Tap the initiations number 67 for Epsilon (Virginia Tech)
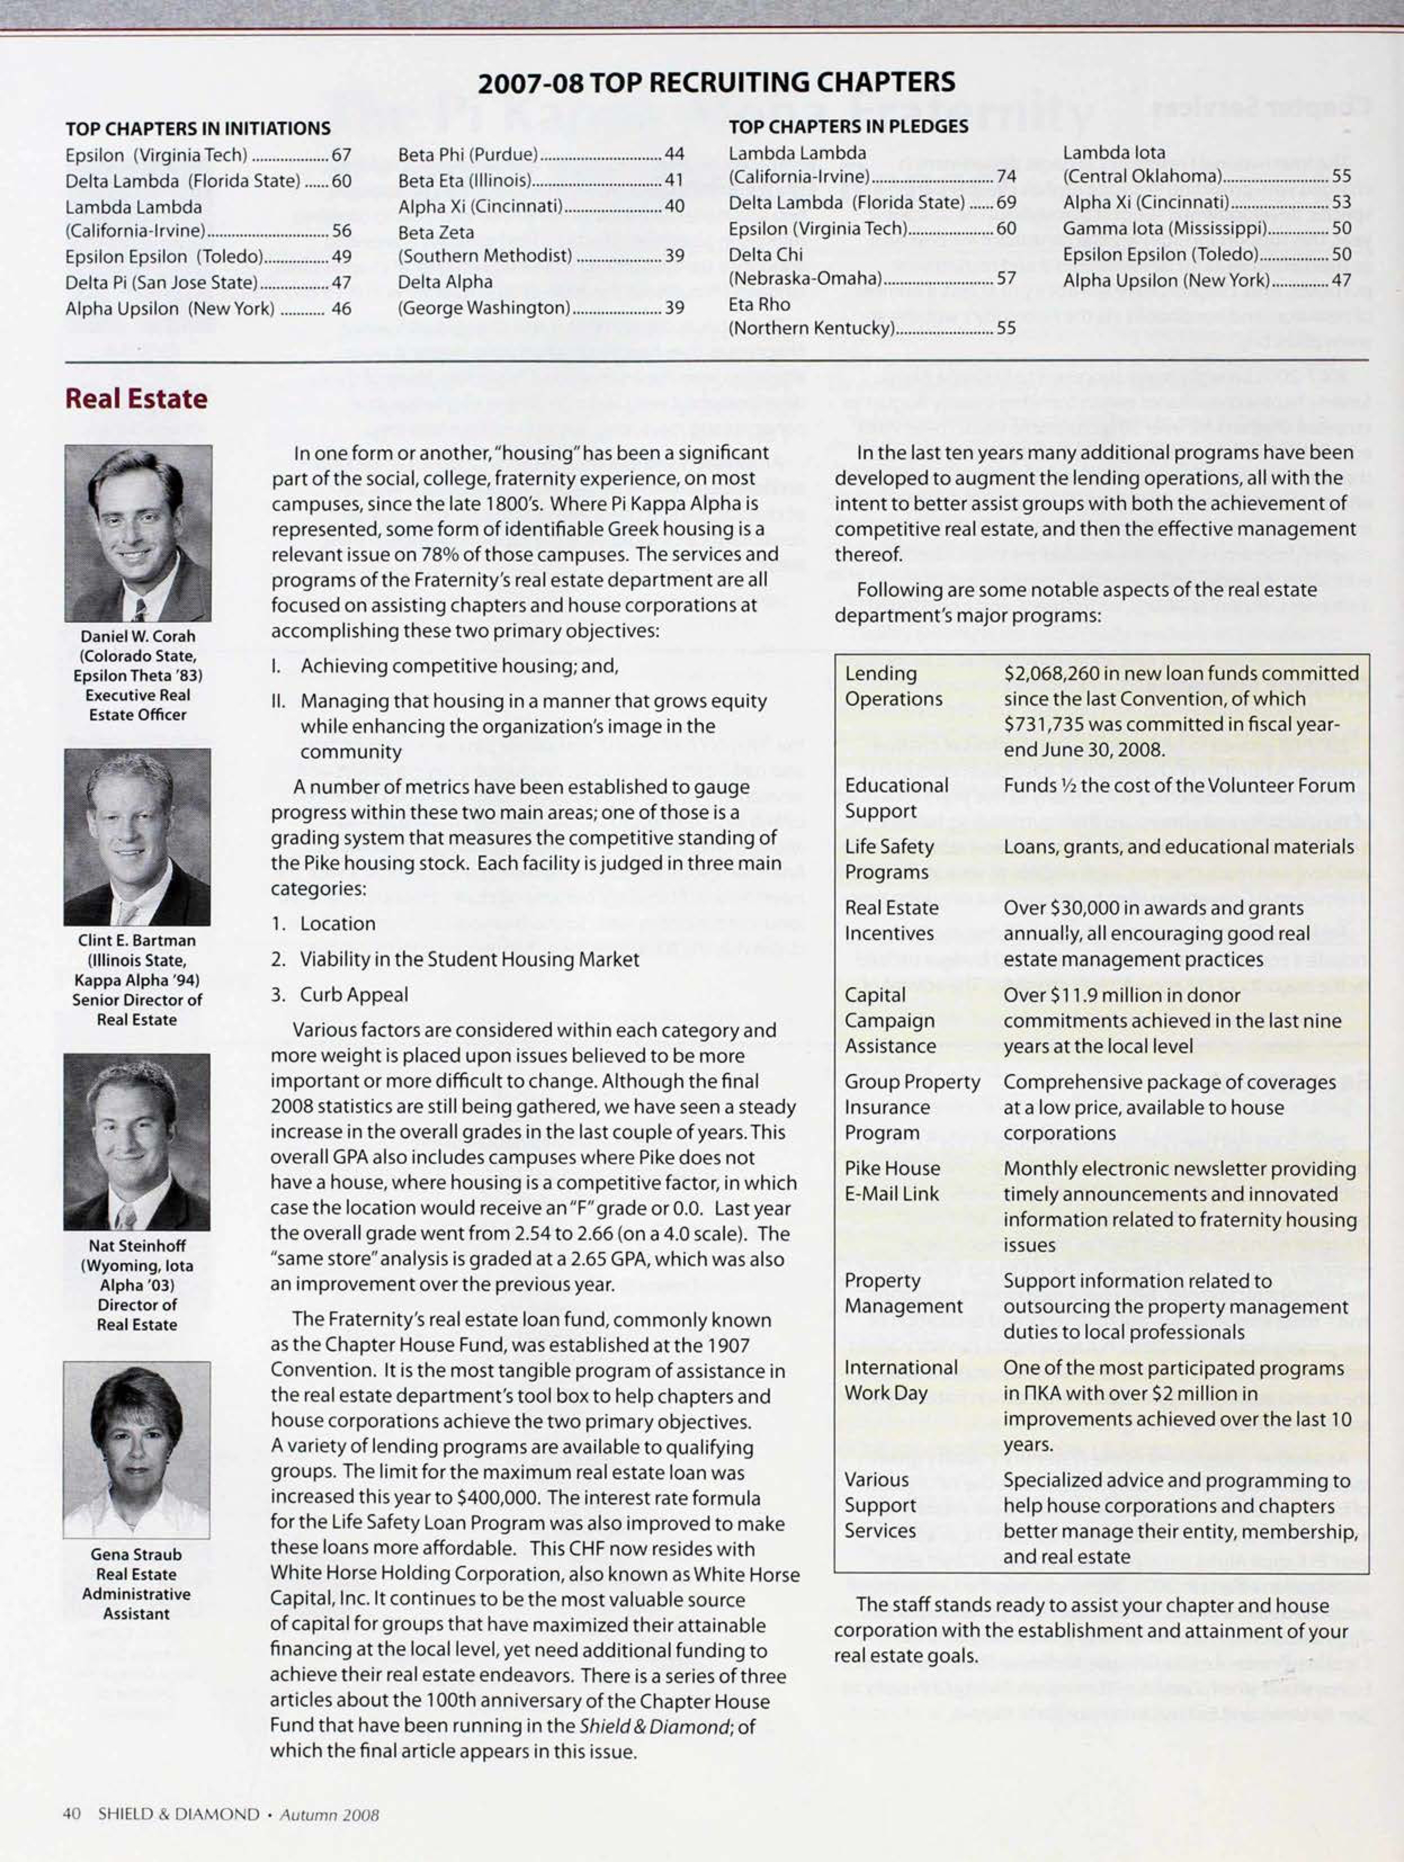341,155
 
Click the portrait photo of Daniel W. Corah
138,532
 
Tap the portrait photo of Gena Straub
136,1449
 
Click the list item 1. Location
323,923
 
